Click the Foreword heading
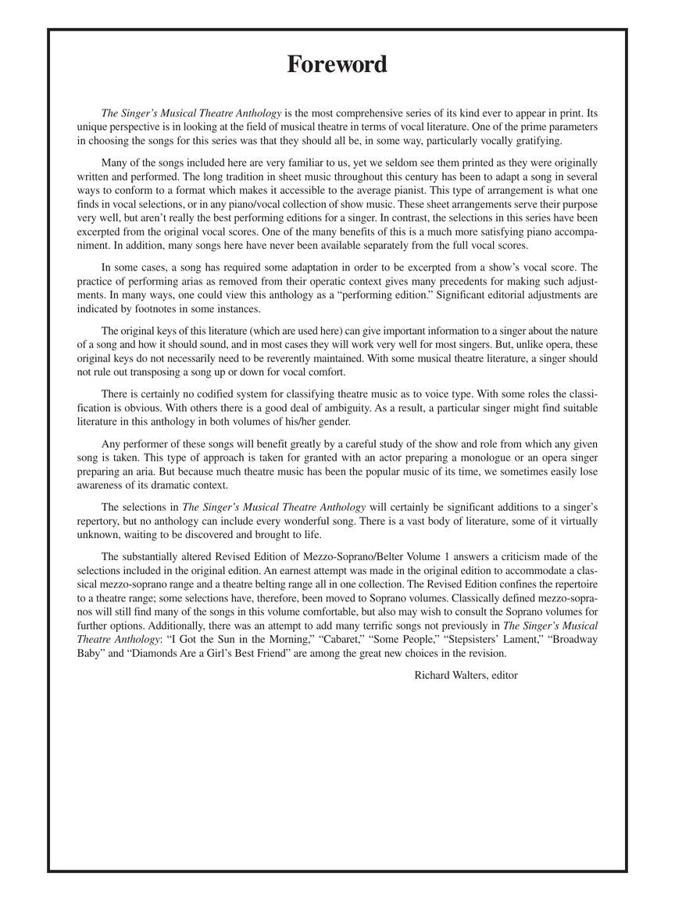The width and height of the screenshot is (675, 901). (337, 64)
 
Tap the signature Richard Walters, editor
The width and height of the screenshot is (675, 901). (466, 674)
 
